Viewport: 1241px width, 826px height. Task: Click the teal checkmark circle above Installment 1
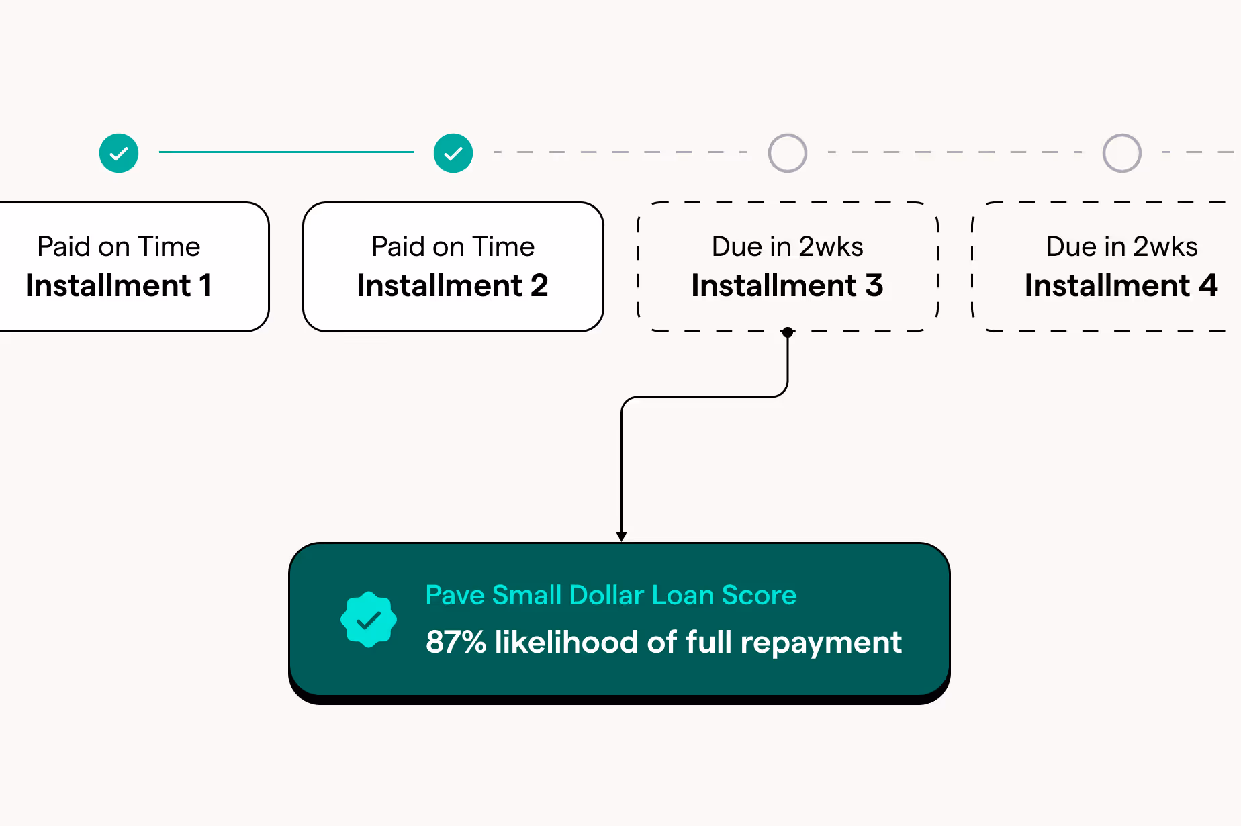pyautogui.click(x=119, y=153)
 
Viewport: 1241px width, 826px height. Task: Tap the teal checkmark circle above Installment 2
pyautogui.click(x=453, y=153)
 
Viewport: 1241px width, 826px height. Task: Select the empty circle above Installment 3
pyautogui.click(x=787, y=153)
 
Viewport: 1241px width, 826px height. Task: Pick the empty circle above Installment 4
pyautogui.click(x=1121, y=153)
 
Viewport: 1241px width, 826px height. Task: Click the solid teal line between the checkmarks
pyautogui.click(x=286, y=152)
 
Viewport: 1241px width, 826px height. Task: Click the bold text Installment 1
pyautogui.click(x=119, y=286)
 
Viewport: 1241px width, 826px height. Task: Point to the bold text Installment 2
pyautogui.click(x=453, y=286)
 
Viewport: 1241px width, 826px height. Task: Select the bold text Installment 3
pyautogui.click(x=787, y=286)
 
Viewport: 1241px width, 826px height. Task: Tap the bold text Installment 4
pyautogui.click(x=1121, y=286)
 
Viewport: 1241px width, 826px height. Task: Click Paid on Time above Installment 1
pyautogui.click(x=119, y=247)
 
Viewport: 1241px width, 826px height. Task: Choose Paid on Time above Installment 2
pyautogui.click(x=453, y=247)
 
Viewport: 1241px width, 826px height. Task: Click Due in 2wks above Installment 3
pyautogui.click(x=787, y=247)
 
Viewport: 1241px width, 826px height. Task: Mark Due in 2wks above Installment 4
pyautogui.click(x=1121, y=247)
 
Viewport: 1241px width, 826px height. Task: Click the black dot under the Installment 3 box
pyautogui.click(x=788, y=332)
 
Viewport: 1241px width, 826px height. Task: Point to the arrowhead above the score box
pyautogui.click(x=622, y=536)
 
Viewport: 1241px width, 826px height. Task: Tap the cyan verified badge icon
pyautogui.click(x=369, y=619)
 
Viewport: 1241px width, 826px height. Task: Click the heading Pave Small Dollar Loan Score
pyautogui.click(x=611, y=596)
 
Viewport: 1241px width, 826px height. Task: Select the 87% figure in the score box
pyautogui.click(x=456, y=642)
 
